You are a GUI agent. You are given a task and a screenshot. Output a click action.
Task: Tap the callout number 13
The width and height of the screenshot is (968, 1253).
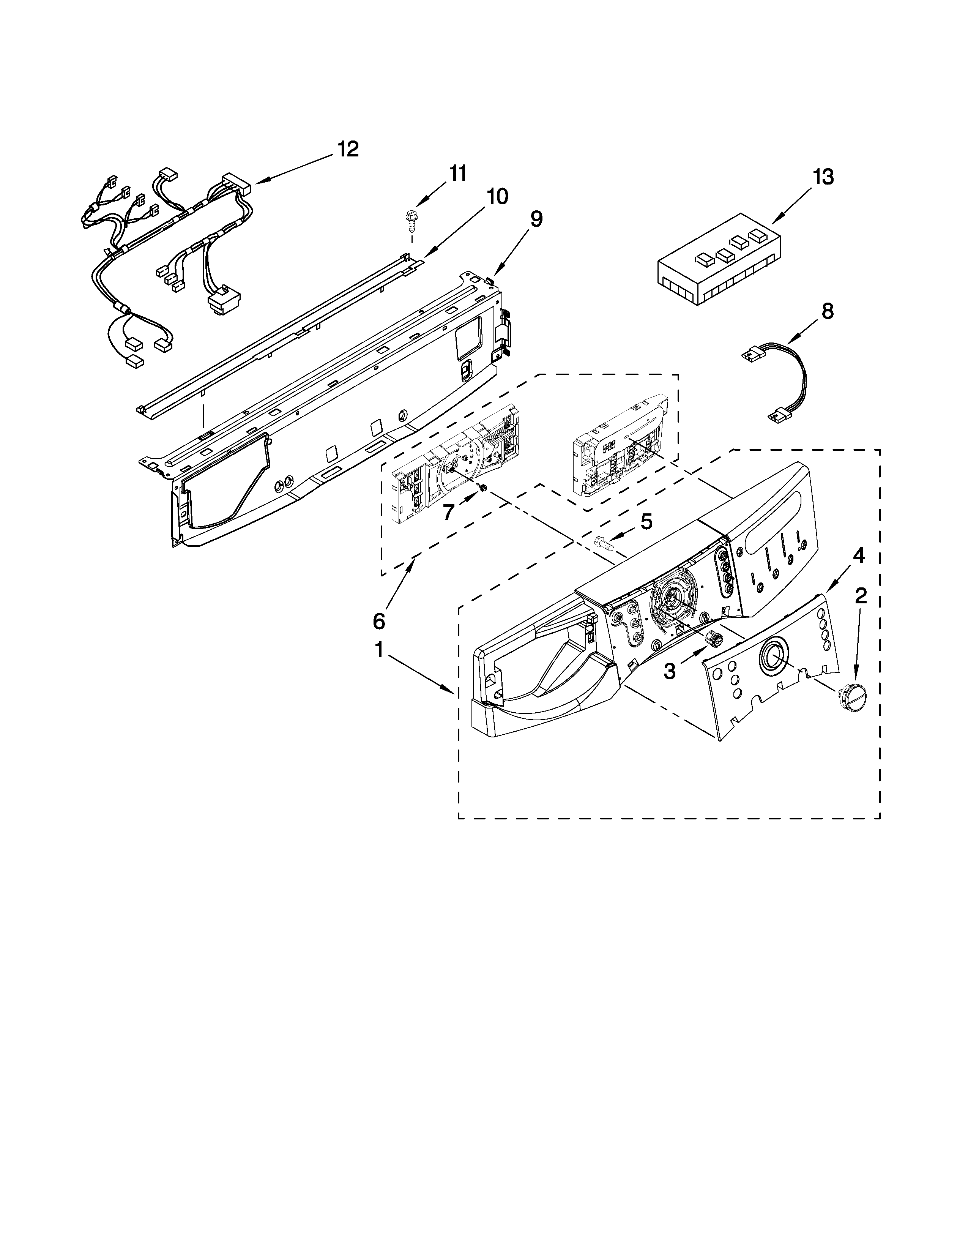click(x=822, y=177)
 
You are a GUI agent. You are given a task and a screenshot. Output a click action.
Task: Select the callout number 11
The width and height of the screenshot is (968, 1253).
click(x=457, y=173)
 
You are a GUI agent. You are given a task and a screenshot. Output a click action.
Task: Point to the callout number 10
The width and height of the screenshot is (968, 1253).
click(x=497, y=197)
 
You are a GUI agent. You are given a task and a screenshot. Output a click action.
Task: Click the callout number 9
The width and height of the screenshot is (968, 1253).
click(x=536, y=219)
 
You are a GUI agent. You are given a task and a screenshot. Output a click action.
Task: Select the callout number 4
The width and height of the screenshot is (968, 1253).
click(x=858, y=555)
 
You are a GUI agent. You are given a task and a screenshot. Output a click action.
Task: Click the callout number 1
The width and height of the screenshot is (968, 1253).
click(x=379, y=650)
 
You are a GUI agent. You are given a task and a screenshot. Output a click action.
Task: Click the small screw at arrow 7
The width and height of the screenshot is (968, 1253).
click(x=483, y=487)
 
